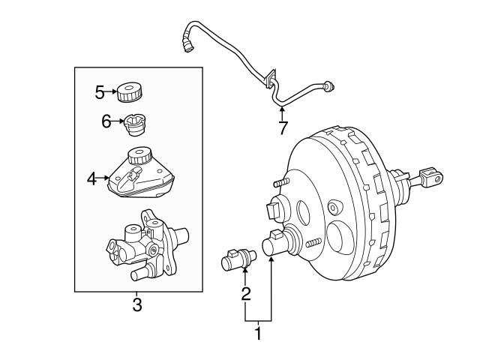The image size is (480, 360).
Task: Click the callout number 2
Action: tap(245, 294)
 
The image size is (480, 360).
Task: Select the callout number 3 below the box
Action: tap(136, 304)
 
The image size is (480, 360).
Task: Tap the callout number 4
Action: tap(91, 178)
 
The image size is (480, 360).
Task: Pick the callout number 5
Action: tap(100, 92)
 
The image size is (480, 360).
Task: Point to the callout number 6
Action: tap(106, 120)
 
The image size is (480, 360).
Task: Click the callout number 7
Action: tap(283, 127)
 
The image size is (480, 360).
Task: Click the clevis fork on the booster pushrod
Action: tap(430, 178)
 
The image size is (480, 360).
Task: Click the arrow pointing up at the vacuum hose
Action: tap(283, 112)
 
